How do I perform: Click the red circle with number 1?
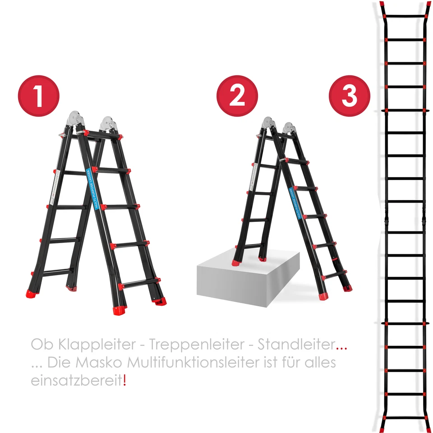pyautogui.click(x=39, y=96)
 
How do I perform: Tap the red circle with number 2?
pyautogui.click(x=237, y=96)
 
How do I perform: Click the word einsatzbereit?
pyautogui.click(x=76, y=380)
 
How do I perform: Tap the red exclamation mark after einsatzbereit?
pyautogui.click(x=125, y=380)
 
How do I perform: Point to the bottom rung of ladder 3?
pyautogui.click(x=405, y=417)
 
